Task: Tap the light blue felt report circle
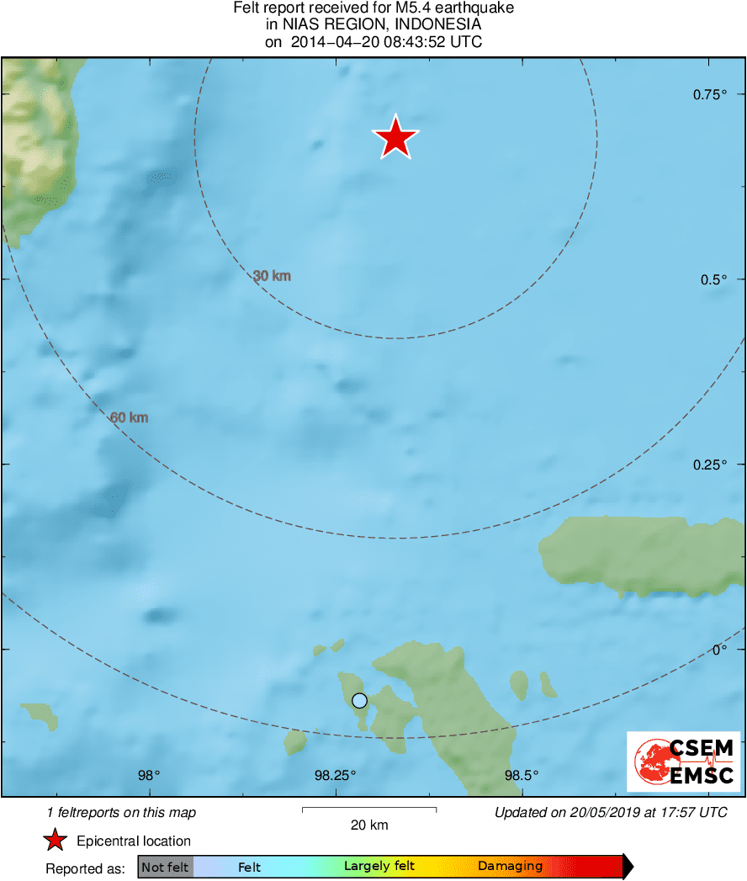coord(360,700)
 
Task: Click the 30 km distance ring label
coord(272,276)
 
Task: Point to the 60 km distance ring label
coord(129,417)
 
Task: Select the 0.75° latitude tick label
coord(710,95)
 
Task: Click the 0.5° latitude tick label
coord(713,279)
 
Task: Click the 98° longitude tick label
coord(149,775)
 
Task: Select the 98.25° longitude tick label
coord(336,775)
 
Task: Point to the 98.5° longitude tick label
coord(522,775)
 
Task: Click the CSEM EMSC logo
coord(683,762)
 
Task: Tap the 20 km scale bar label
coord(369,825)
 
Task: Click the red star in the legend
coord(56,841)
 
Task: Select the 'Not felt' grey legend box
coord(166,867)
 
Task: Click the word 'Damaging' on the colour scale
coord(510,866)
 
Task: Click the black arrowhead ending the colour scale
coord(627,866)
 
